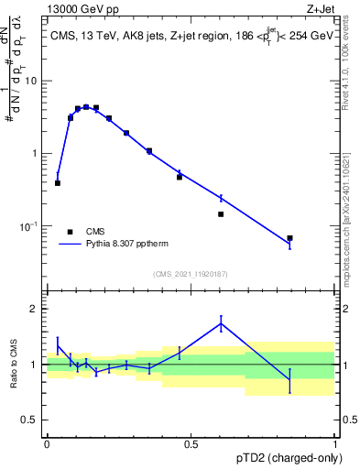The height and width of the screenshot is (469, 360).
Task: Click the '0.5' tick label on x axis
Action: point(191,444)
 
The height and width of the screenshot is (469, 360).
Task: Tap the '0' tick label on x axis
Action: point(47,444)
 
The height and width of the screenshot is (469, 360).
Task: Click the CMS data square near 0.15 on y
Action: point(221,214)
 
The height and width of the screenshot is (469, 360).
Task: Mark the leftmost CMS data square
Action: point(58,183)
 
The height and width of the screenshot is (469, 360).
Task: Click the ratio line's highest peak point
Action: point(221,322)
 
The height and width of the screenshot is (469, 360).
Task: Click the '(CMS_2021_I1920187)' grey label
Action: point(191,274)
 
